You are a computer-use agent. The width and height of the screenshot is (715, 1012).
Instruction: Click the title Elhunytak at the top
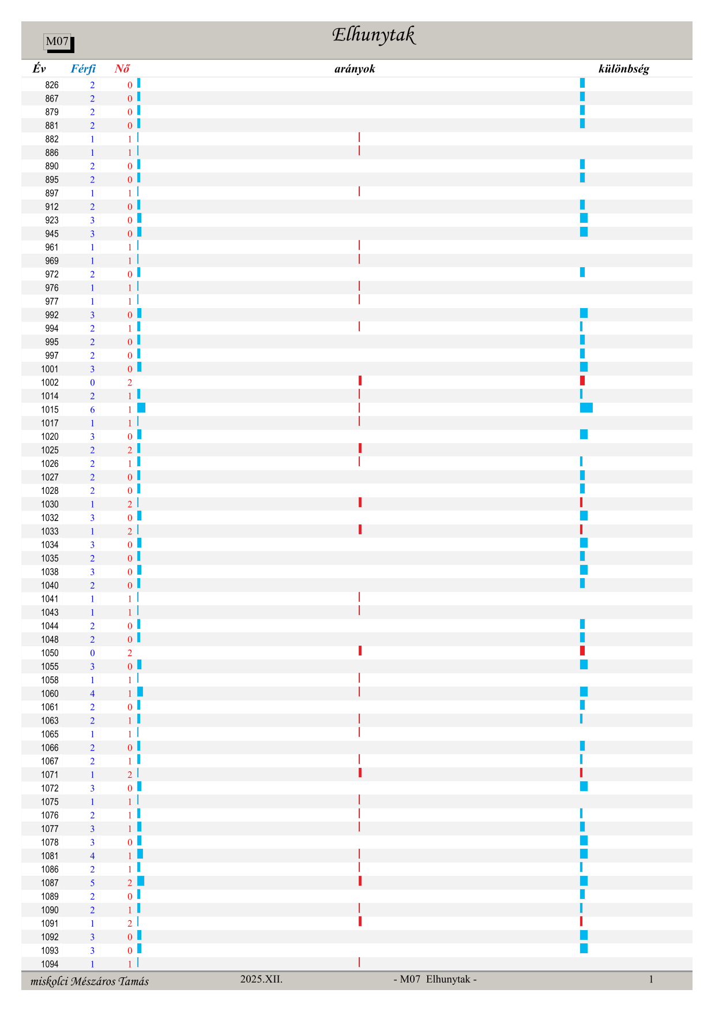(x=373, y=36)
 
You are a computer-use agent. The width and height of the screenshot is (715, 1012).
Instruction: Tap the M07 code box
(x=58, y=42)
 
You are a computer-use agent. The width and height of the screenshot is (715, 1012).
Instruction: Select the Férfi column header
(x=83, y=69)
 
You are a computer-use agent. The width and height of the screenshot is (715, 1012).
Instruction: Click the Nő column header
(x=122, y=69)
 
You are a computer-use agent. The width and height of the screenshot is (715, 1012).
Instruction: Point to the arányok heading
(x=355, y=69)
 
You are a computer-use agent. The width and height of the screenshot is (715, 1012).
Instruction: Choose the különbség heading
(x=624, y=69)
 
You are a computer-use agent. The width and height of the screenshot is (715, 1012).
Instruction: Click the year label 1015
(x=50, y=410)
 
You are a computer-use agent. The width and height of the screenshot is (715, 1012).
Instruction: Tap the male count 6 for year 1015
(x=92, y=410)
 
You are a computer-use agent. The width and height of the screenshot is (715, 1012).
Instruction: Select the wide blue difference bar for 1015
(x=586, y=408)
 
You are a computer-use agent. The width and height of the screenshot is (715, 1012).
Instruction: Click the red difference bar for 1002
(x=582, y=381)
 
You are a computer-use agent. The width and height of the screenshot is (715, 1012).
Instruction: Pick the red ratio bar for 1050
(x=360, y=651)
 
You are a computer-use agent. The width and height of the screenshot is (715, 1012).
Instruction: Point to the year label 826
(x=52, y=85)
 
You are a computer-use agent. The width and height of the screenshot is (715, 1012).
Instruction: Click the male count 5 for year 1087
(x=92, y=883)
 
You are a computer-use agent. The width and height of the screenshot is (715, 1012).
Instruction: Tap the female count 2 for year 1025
(x=130, y=450)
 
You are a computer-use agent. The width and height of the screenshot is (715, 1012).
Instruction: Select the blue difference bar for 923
(x=584, y=218)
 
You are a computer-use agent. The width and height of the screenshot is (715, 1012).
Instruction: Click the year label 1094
(x=50, y=964)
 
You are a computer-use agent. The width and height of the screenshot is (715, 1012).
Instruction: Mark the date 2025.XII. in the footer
(x=261, y=979)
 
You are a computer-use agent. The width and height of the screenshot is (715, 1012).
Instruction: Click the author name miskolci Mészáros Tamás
(x=89, y=981)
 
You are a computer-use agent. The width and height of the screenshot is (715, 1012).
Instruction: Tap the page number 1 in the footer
(x=651, y=979)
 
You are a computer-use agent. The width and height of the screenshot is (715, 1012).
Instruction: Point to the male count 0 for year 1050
(x=92, y=653)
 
